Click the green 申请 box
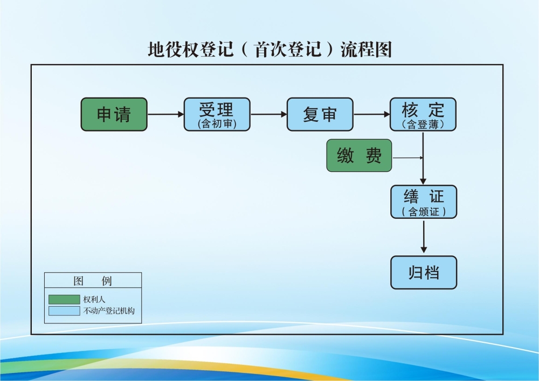coord(114,114)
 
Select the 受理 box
coord(217,114)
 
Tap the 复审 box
coord(320,114)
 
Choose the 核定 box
coord(423,114)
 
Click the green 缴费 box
coord(359,155)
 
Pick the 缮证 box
coord(424,202)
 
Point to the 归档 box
coord(424,273)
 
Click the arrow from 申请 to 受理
coord(165,114)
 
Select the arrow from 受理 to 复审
coord(268,114)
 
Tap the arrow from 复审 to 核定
coord(371,114)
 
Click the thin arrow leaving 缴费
coord(408,158)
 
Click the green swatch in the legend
coord(64,299)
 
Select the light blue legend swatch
coord(64,311)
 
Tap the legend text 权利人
coord(94,299)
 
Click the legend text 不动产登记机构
coord(109,311)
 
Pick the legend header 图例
coord(93,281)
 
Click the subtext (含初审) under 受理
coord(217,124)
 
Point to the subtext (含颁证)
coord(424,212)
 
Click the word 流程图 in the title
coord(366,50)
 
